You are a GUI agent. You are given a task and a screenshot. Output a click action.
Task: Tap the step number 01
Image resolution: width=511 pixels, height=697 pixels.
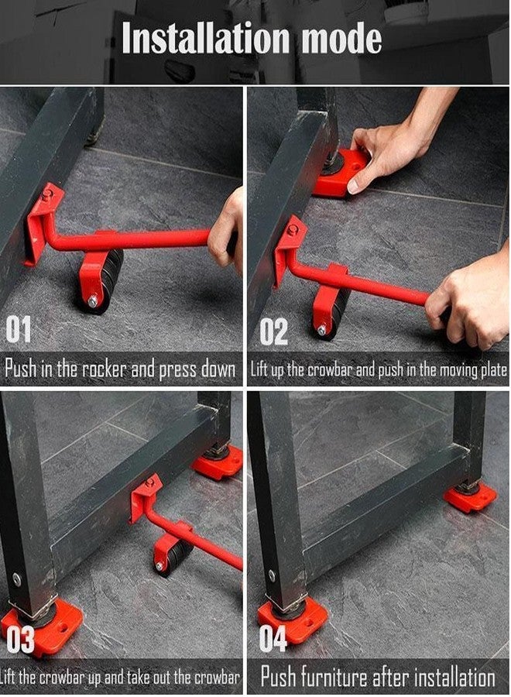click(x=19, y=331)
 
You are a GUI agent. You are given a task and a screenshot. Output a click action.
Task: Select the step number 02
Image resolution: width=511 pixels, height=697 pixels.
click(x=273, y=331)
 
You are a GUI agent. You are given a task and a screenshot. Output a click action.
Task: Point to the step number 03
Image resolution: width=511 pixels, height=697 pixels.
click(x=21, y=640)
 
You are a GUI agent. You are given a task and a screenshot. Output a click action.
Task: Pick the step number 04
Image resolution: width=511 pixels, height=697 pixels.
click(x=273, y=640)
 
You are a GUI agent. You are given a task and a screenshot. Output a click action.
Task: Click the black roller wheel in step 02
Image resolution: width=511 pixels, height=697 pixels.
click(x=334, y=311)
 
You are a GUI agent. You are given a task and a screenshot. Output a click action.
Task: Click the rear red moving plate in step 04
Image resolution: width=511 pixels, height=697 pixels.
click(x=469, y=496)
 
